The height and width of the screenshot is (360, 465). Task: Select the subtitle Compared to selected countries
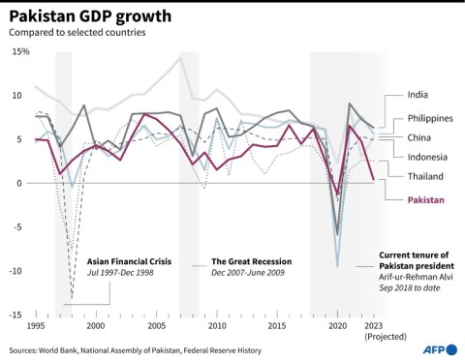pos(77,33)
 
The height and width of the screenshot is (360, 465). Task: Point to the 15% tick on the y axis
pos(19,50)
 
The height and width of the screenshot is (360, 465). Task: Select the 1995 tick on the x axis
pos(36,327)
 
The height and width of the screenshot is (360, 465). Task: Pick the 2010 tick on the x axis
pos(217,327)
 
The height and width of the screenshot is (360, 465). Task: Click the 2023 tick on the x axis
pos(374,327)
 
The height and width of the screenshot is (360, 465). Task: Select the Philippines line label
pos(430,119)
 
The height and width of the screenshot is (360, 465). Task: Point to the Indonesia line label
pos(427,156)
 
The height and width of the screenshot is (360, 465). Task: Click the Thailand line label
pos(425,176)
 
